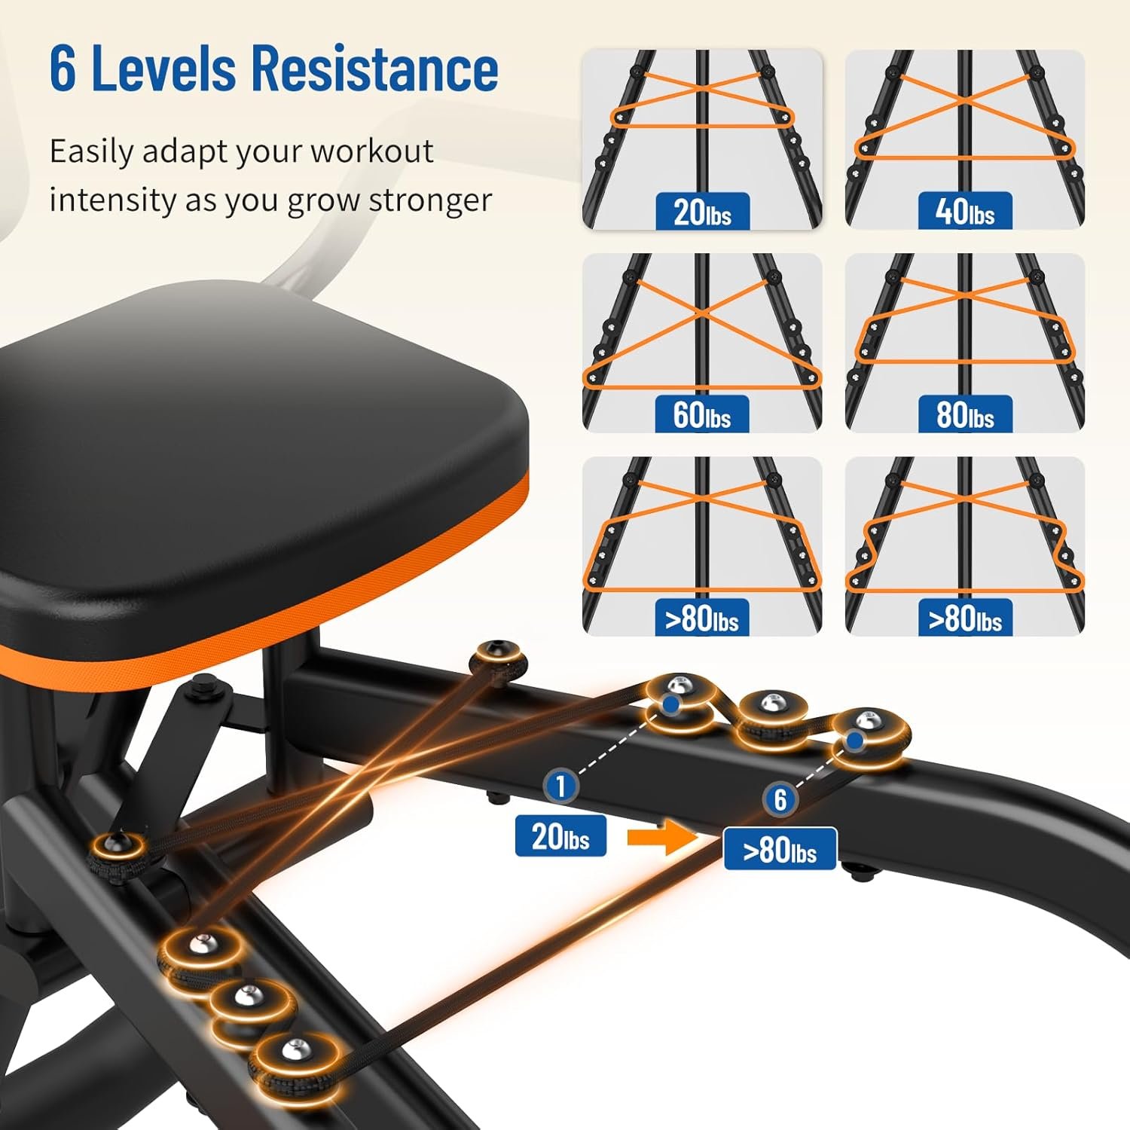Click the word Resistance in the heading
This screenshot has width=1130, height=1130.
(374, 68)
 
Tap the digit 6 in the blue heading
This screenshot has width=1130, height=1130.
(63, 69)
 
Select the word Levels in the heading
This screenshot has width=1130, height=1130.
(163, 68)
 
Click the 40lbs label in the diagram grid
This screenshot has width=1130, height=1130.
(964, 211)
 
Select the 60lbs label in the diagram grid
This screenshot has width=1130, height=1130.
(701, 414)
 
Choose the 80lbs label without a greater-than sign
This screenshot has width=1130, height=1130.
(964, 414)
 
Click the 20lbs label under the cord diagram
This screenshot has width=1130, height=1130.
(701, 211)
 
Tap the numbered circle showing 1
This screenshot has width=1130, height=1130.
(560, 786)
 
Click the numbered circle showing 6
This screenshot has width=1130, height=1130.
(780, 799)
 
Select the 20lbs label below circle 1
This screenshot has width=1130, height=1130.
(560, 836)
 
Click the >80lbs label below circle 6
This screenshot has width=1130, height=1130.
(780, 849)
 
